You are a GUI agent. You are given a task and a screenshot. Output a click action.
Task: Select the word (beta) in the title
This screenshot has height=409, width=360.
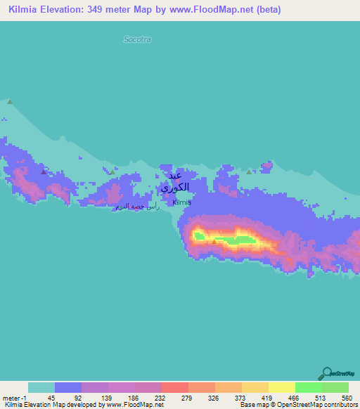click(267, 10)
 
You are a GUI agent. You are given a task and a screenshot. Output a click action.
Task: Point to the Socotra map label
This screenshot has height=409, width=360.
click(137, 39)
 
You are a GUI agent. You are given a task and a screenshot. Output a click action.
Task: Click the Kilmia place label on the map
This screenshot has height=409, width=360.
click(182, 202)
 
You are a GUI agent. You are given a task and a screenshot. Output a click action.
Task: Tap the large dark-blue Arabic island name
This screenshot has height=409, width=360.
click(174, 181)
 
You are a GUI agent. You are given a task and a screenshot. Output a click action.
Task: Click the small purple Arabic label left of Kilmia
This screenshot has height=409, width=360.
click(137, 207)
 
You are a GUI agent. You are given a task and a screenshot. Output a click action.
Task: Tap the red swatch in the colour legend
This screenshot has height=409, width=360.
click(174, 387)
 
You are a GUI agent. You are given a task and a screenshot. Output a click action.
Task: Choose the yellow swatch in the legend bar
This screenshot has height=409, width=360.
click(281, 387)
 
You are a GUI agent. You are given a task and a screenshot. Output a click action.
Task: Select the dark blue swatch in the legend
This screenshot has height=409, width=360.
click(68, 387)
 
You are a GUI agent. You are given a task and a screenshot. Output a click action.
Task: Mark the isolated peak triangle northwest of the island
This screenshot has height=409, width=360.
click(10, 102)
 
